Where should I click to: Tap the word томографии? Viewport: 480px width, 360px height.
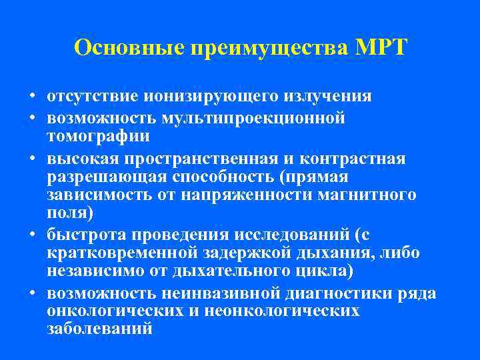coord(98,137)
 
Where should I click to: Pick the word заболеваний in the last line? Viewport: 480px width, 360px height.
coord(99,330)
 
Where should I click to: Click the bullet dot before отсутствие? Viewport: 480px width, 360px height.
coord(32,97)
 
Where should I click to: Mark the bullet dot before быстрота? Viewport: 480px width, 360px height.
coord(32,234)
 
